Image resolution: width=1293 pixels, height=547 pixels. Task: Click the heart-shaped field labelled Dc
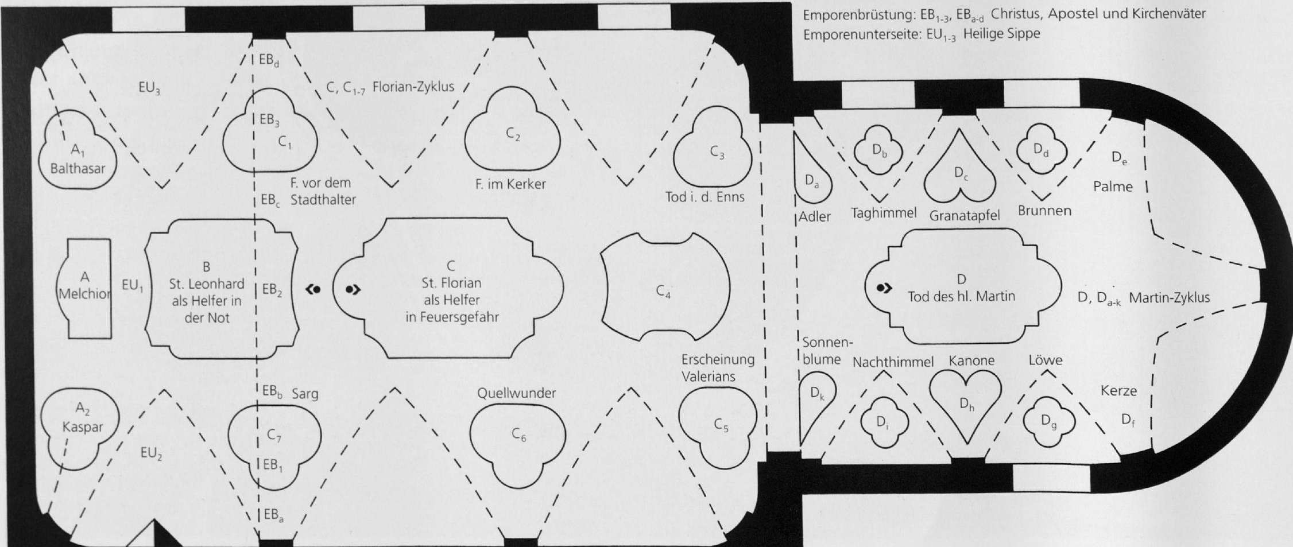pos(959,172)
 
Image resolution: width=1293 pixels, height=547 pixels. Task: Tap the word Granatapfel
pos(964,215)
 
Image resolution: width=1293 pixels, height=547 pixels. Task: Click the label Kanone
pos(971,360)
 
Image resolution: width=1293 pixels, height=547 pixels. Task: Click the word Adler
pos(815,217)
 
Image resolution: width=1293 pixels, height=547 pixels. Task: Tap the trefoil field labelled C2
pos(513,134)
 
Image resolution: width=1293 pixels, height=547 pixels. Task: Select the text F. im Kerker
pos(510,184)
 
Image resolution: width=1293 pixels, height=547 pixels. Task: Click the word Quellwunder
pos(516,393)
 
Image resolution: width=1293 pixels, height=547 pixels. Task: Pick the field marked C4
pos(665,287)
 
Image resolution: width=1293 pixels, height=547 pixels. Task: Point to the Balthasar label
pos(78,169)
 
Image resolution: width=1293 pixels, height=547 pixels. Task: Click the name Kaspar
pos(83,428)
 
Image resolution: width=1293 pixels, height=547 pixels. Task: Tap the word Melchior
pos(84,293)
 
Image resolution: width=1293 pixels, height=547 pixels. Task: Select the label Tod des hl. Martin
pos(961,296)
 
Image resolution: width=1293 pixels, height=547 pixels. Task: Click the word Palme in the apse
pos(1113,187)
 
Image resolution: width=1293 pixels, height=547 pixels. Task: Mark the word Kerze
pos(1118,391)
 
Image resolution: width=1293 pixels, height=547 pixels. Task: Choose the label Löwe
pos(1045,360)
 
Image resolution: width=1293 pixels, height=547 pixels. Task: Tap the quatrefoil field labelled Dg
pos(1049,421)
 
